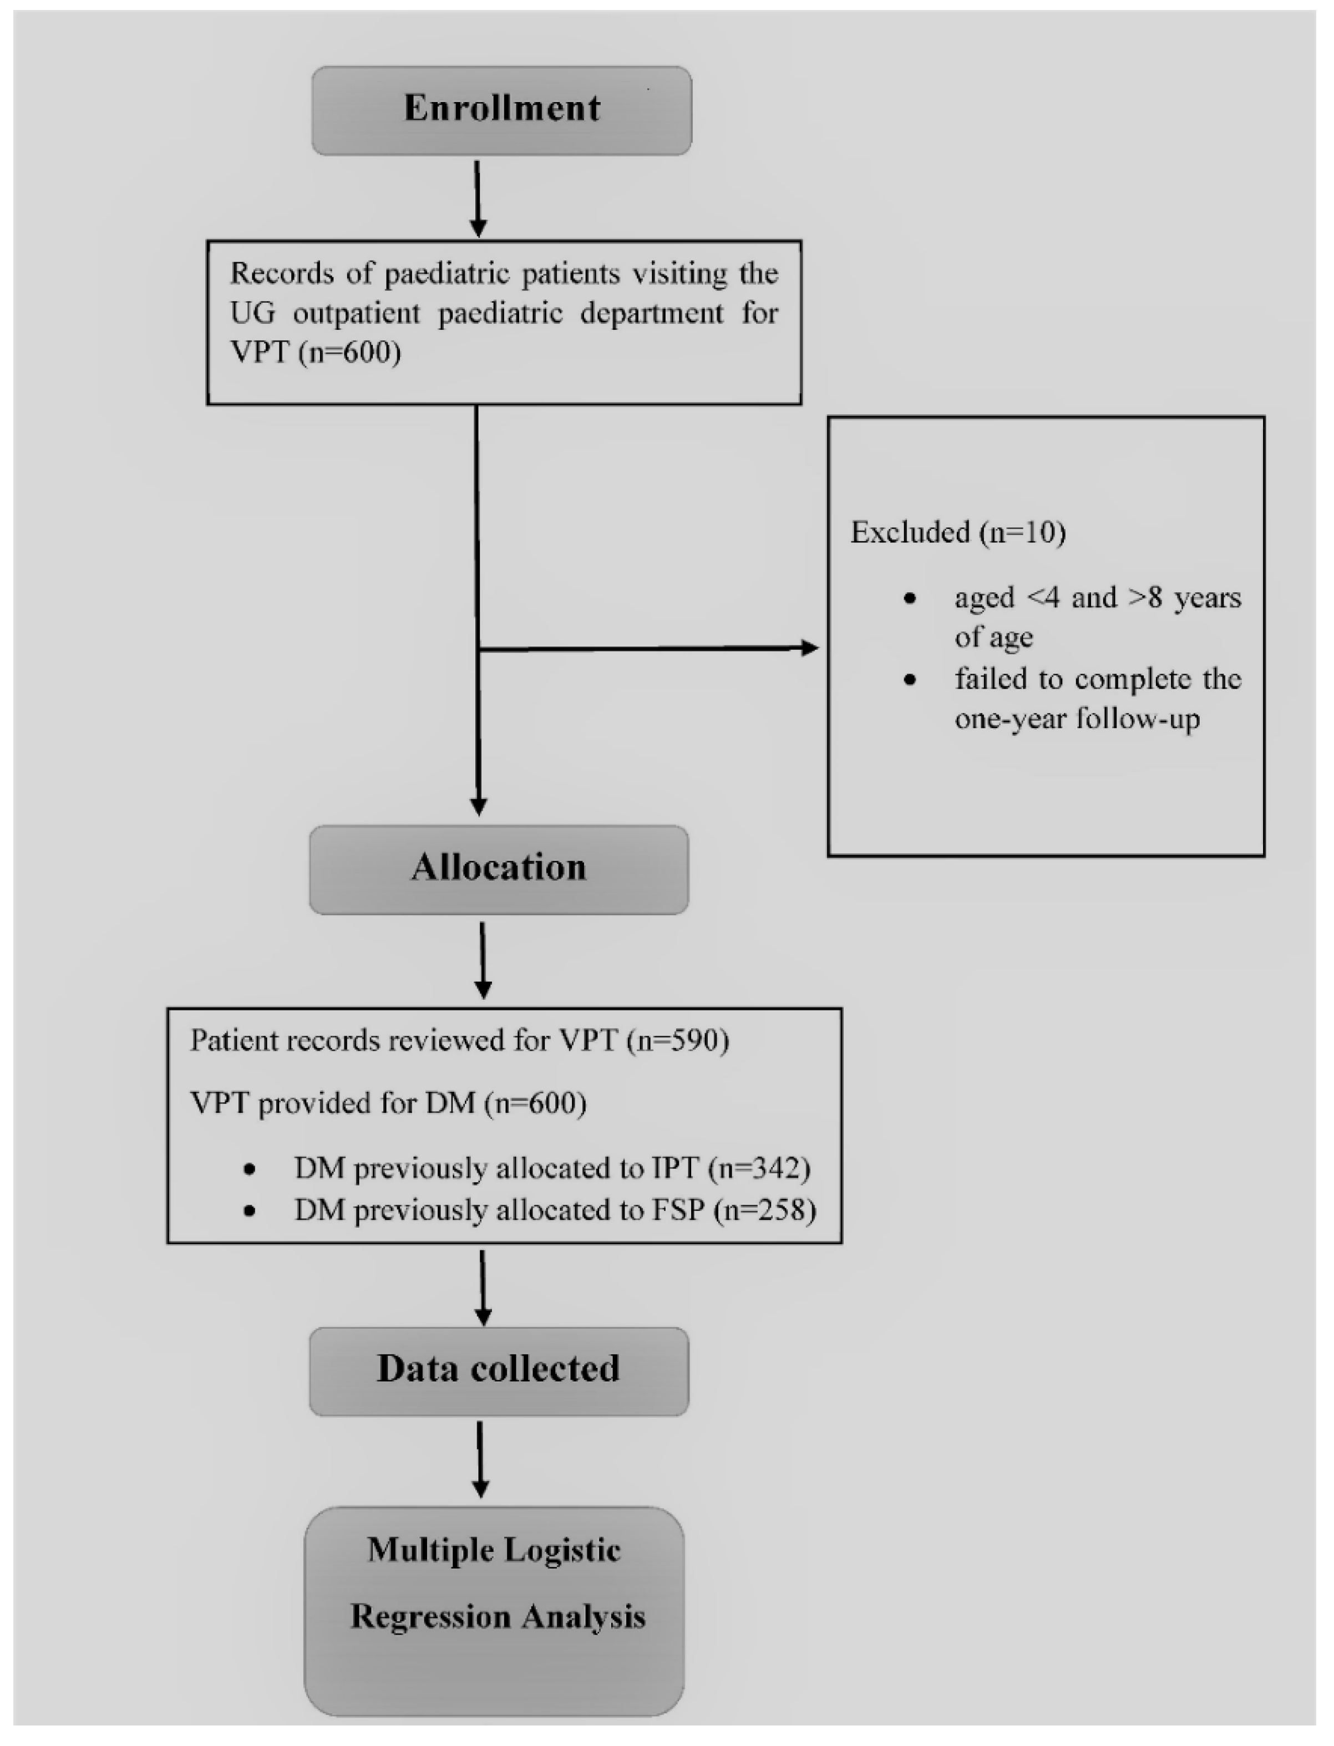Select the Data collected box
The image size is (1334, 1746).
[499, 1371]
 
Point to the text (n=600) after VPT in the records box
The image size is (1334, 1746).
[350, 352]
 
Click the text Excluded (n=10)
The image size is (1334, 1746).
[957, 532]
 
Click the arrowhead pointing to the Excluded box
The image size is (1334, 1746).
[810, 648]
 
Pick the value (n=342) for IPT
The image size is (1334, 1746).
[760, 1168]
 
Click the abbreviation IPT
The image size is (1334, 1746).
[675, 1168]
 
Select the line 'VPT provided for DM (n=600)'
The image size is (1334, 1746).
[388, 1103]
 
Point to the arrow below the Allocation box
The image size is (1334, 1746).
[482, 960]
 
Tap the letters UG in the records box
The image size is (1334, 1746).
[252, 313]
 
